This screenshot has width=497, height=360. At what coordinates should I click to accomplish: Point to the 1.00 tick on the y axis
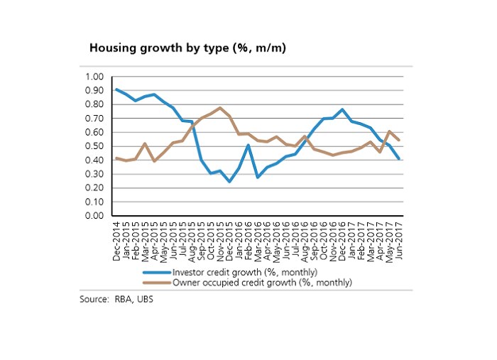[x=94, y=77]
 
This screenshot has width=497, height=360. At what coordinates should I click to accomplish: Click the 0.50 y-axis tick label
[x=94, y=146]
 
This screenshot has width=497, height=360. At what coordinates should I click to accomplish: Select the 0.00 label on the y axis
[x=94, y=216]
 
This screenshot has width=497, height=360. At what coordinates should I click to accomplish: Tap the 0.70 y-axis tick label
[x=94, y=119]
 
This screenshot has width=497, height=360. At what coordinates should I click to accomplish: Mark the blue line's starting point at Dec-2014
[x=116, y=89]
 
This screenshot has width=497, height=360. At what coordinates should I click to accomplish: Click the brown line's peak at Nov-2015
[x=219, y=108]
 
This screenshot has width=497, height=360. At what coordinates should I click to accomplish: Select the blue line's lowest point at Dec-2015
[x=229, y=182]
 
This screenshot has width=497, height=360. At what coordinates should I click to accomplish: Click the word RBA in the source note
[x=123, y=300]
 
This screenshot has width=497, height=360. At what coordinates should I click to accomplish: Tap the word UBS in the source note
[x=145, y=300]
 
